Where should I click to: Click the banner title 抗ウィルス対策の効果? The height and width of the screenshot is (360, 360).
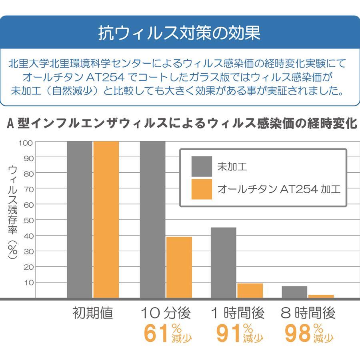[180, 33]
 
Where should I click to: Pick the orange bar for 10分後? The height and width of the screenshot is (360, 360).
[179, 267]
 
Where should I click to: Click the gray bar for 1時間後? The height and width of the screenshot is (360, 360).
[223, 262]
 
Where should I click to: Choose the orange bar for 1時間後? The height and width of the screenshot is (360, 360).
[250, 291]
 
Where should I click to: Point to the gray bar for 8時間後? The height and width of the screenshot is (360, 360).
[294, 292]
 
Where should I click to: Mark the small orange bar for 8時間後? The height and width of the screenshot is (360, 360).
[321, 296]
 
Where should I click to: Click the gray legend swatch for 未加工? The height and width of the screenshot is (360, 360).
[202, 166]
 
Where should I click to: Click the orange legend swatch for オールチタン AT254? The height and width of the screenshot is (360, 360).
[202, 189]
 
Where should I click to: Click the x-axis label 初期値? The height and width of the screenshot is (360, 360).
[93, 313]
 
